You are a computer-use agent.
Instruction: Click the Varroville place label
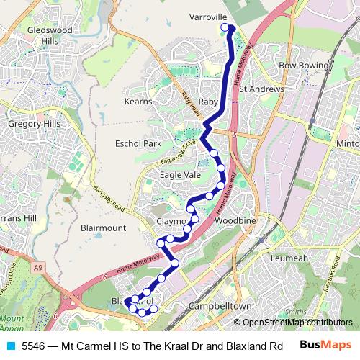209,15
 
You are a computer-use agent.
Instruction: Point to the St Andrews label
262,89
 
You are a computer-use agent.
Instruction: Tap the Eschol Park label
138,143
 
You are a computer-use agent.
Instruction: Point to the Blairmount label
104,228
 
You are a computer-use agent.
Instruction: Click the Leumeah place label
289,257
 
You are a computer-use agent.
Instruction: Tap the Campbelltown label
208,306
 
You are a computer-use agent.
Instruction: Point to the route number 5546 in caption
34,346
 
